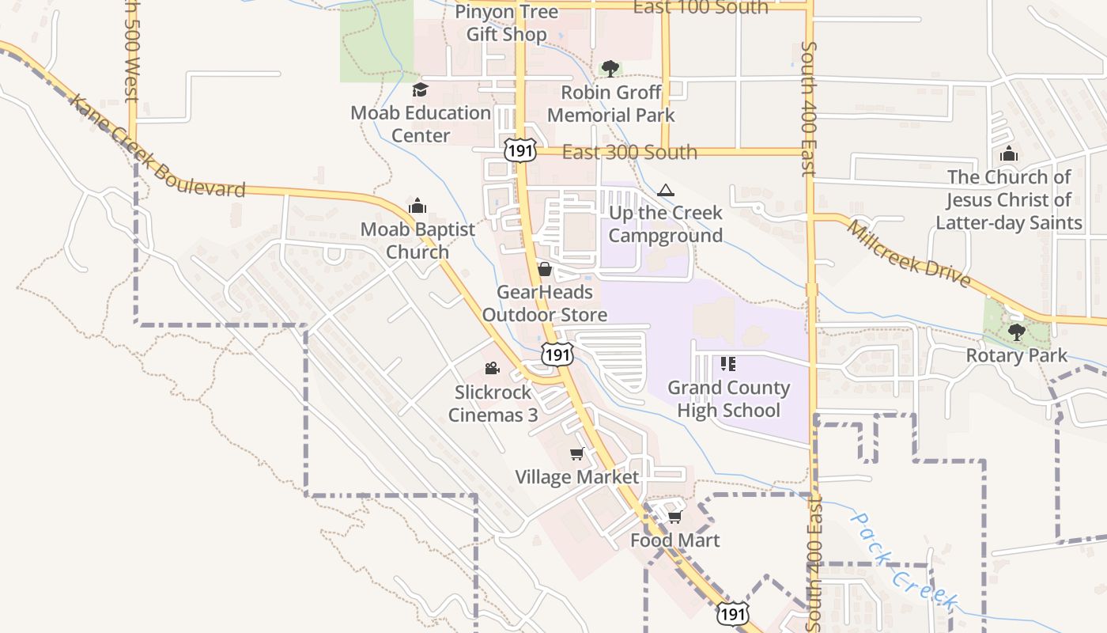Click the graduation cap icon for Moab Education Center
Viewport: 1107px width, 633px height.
click(x=420, y=90)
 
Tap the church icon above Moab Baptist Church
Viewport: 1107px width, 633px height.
click(x=417, y=207)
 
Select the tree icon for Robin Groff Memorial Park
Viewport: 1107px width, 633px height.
click(x=610, y=69)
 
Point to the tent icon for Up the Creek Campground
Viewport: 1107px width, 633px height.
click(x=666, y=190)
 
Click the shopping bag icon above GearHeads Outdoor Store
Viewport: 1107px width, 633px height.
click(x=545, y=270)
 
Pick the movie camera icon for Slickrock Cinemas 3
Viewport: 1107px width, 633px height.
click(x=492, y=369)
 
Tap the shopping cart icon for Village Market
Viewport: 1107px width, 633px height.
click(x=577, y=454)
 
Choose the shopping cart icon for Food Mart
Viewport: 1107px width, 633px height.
click(x=674, y=517)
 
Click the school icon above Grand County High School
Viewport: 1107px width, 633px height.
click(x=728, y=365)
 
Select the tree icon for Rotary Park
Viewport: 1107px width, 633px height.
click(x=1017, y=332)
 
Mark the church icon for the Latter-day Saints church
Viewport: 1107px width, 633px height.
click(x=1009, y=154)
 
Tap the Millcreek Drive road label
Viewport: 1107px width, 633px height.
click(x=909, y=253)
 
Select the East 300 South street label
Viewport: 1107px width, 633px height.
click(x=629, y=152)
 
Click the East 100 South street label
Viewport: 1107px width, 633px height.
click(x=701, y=8)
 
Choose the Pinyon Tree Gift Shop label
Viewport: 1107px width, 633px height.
click(x=506, y=23)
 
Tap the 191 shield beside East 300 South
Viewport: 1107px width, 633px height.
click(x=521, y=150)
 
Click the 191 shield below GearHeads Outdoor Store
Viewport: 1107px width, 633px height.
click(x=557, y=354)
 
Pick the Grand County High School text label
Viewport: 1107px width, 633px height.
click(x=728, y=399)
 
